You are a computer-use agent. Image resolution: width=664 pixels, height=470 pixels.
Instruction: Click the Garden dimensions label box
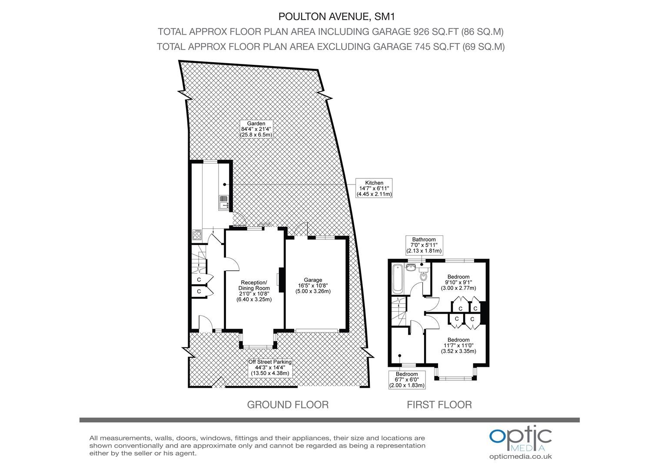pyautogui.click(x=256, y=129)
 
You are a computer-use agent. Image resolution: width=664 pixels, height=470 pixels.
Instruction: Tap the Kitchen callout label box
pyautogui.click(x=374, y=188)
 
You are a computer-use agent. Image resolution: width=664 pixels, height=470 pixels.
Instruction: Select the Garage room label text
pyautogui.click(x=313, y=285)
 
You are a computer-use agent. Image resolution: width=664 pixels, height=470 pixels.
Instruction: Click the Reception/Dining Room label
pyautogui.click(x=254, y=291)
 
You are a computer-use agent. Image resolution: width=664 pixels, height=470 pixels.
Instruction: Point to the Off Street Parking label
pyautogui.click(x=270, y=368)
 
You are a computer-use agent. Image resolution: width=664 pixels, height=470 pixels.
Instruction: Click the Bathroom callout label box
pyautogui.click(x=424, y=245)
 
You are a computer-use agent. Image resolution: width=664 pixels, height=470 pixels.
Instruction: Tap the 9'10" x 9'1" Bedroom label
pyautogui.click(x=458, y=282)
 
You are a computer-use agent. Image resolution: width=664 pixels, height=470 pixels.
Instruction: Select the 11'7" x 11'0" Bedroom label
pyautogui.click(x=458, y=345)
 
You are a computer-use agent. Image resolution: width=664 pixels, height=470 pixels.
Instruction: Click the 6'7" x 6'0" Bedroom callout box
pyautogui.click(x=407, y=380)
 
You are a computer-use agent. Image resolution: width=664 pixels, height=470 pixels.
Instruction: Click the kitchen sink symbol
pyautogui.click(x=224, y=202)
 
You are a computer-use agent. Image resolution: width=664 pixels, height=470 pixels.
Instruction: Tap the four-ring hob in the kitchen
pyautogui.click(x=197, y=235)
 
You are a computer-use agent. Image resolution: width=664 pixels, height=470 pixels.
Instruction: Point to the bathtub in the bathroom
pyautogui.click(x=397, y=279)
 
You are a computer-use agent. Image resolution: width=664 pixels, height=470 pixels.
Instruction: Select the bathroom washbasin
pyautogui.click(x=411, y=268)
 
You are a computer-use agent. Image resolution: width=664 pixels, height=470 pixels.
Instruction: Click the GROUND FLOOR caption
pyautogui.click(x=288, y=405)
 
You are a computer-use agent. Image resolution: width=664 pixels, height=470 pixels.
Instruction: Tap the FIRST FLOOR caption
pyautogui.click(x=439, y=405)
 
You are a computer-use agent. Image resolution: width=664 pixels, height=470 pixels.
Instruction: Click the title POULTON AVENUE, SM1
pyautogui.click(x=336, y=17)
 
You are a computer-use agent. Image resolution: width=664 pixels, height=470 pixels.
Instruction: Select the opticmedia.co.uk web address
pyautogui.click(x=521, y=457)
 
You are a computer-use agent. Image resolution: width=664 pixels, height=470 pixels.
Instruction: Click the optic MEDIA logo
pyautogui.click(x=521, y=439)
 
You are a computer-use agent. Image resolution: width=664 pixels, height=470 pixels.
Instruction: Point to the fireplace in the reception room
pyautogui.click(x=280, y=280)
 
